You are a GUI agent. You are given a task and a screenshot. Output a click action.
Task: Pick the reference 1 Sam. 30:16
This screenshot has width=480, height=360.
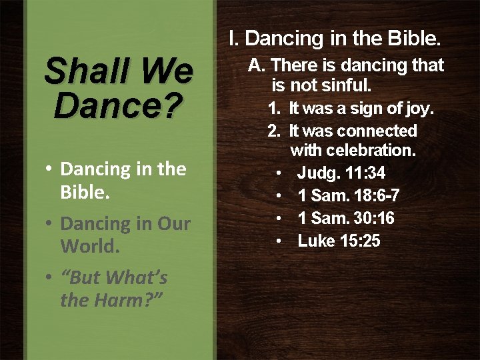pos(345,219)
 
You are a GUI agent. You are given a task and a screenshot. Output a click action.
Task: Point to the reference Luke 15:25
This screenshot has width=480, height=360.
pos(339,241)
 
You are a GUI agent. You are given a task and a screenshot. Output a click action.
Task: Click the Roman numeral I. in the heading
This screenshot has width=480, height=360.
pos(233,39)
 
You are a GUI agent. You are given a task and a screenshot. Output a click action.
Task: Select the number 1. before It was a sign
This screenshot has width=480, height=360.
pos(274,109)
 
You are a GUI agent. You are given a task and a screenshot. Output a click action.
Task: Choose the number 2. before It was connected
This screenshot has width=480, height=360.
pos(274,131)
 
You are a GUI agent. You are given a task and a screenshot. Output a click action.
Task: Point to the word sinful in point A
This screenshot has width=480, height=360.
pos(347,86)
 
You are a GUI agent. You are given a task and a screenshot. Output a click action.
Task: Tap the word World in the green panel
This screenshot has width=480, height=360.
pos(89,246)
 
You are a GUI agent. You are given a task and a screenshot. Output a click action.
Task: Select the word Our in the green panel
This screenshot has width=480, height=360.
pos(173,224)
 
